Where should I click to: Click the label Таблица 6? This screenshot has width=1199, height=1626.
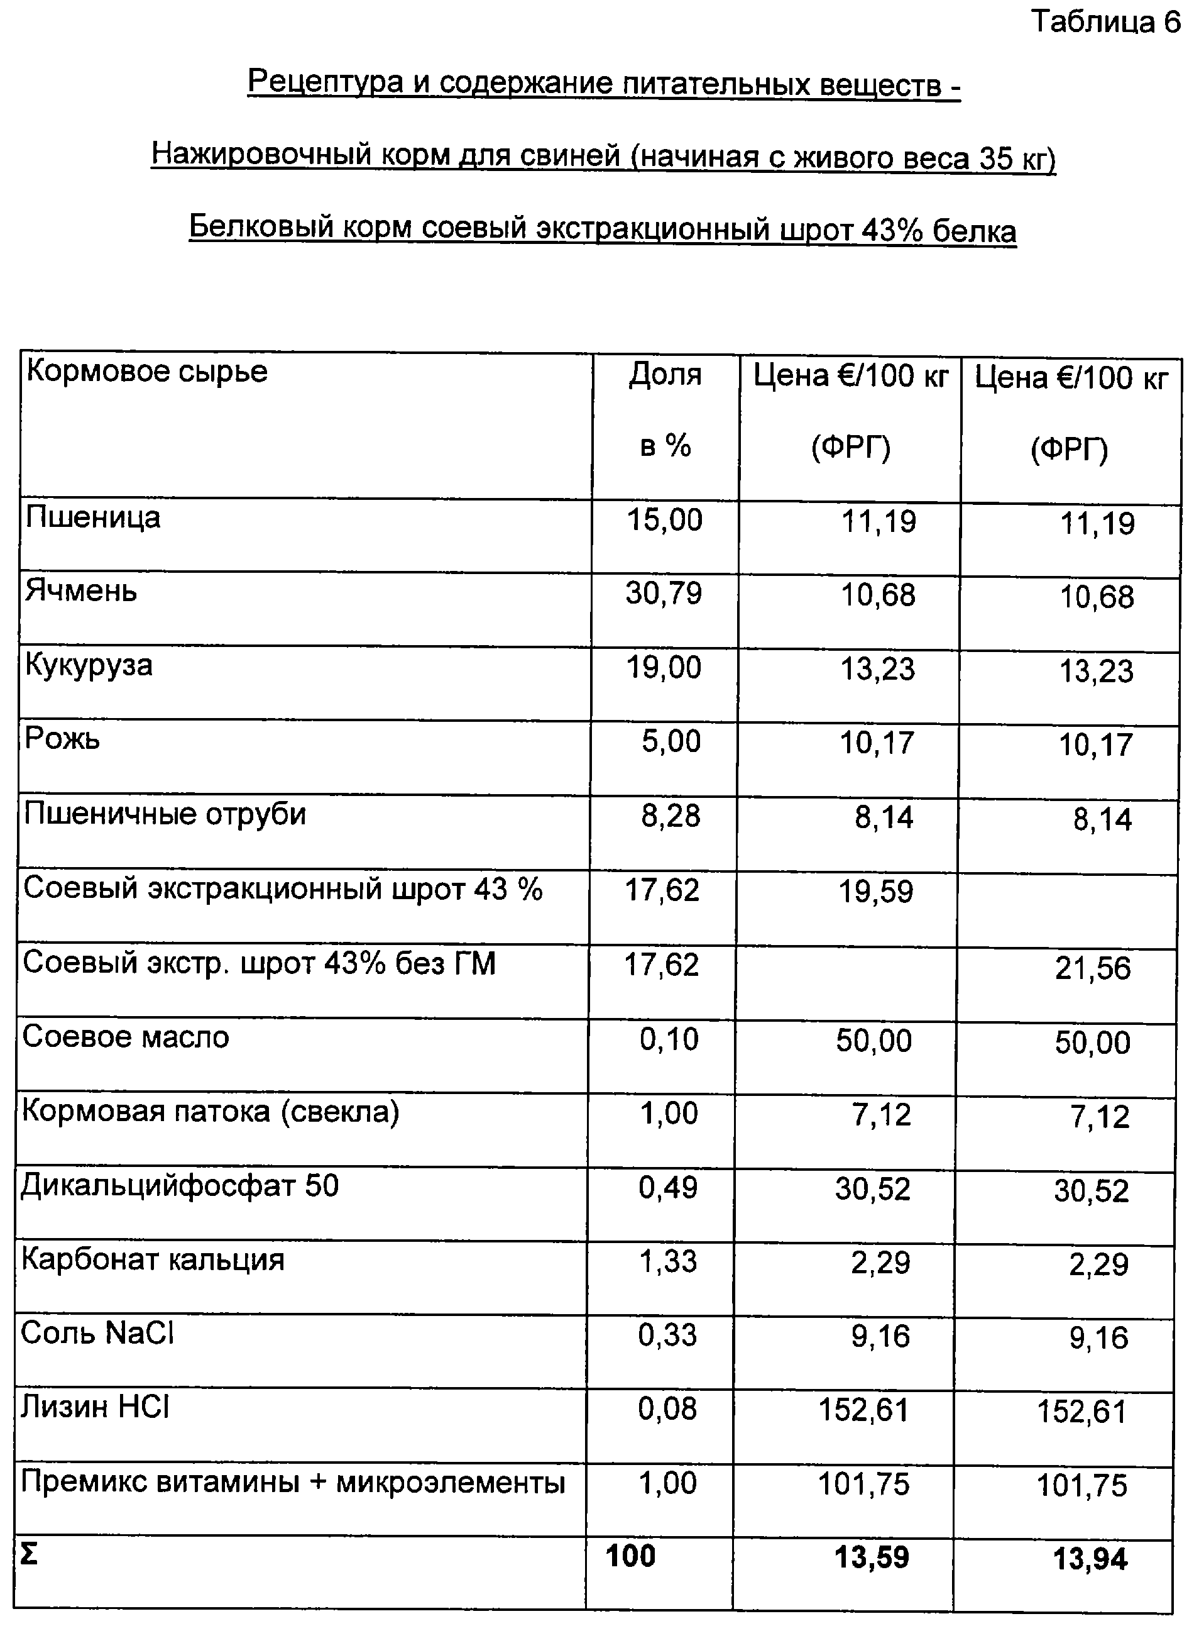(1106, 23)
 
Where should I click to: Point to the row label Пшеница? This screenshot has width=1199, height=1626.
(93, 519)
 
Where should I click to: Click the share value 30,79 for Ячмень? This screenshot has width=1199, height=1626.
(664, 594)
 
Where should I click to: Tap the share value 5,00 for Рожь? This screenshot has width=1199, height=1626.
(671, 741)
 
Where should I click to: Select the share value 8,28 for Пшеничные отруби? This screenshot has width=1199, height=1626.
(670, 816)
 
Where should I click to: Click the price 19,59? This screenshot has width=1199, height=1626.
(875, 892)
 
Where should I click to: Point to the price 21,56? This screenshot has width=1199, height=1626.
(1092, 968)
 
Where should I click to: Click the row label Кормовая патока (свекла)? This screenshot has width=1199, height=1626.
(211, 1112)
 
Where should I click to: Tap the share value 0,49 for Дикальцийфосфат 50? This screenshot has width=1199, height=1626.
(668, 1187)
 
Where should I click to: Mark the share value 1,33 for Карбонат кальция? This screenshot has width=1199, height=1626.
(668, 1261)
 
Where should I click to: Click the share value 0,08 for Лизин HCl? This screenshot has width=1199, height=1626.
(667, 1409)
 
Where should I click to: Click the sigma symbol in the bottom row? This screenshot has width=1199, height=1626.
(28, 1555)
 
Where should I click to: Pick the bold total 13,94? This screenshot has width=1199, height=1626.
(1090, 1559)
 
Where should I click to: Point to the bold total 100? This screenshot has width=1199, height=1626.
(630, 1556)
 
